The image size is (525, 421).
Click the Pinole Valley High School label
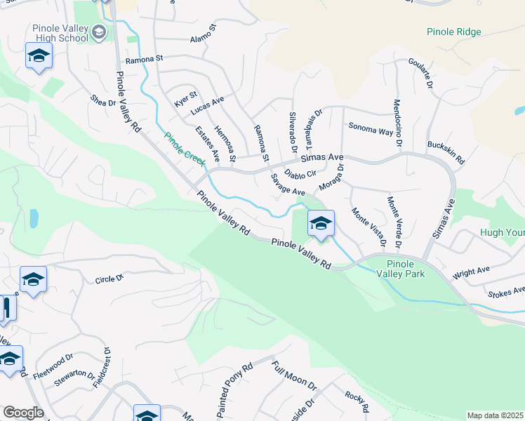tap(60, 33)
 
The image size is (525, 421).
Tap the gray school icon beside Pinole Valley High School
tap(99, 32)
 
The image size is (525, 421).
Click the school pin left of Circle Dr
tap(33, 280)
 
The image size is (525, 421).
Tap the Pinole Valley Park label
tap(406, 268)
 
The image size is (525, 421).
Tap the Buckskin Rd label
tap(445, 149)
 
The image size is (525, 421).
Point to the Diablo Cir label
tap(300, 173)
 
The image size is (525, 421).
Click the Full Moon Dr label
tap(295, 377)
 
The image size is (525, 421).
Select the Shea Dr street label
tap(102, 102)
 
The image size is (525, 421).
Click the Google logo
tap(23, 413)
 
